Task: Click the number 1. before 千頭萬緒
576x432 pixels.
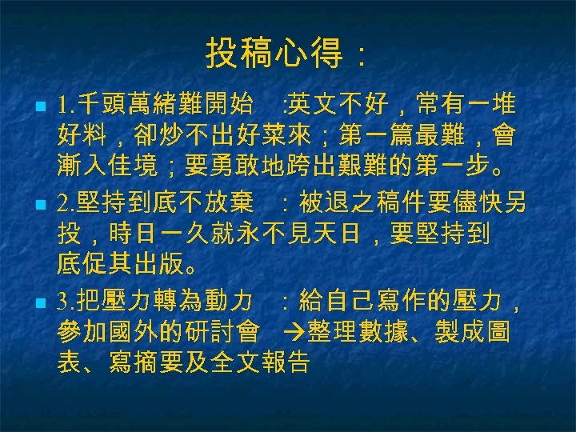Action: click(66, 105)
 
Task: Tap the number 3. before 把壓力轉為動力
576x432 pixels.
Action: click(66, 303)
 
